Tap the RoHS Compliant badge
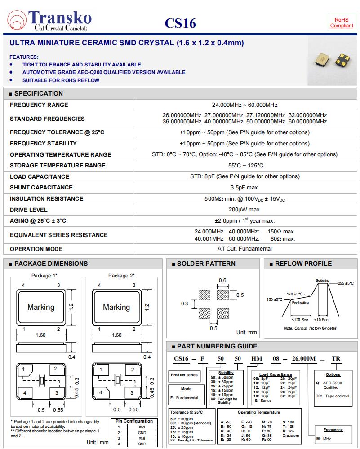[x=342, y=23]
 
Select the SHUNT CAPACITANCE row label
[x=41, y=188]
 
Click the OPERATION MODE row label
[x=36, y=249]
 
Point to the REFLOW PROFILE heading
[x=303, y=264]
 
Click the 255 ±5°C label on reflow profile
[x=346, y=283]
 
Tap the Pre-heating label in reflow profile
[x=300, y=303]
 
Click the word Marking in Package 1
[x=41, y=308]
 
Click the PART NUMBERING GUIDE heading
[x=217, y=347]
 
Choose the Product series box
[x=184, y=375]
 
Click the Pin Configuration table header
[x=134, y=421]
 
